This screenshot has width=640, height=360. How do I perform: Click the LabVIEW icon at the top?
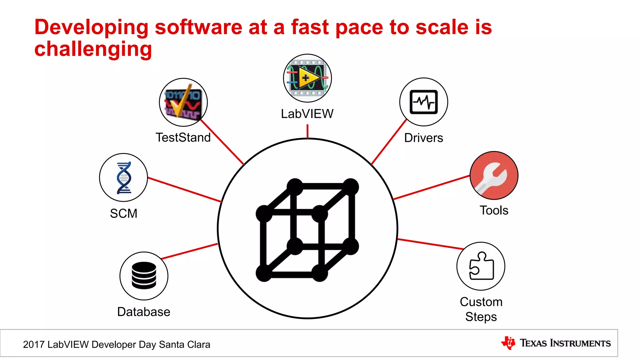tap(307, 78)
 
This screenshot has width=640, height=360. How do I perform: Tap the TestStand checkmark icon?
tap(183, 102)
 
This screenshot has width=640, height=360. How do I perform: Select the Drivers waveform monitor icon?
tap(423, 102)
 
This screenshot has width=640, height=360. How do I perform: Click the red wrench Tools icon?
tap(494, 176)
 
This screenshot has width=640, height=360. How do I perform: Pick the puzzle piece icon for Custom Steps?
tap(481, 266)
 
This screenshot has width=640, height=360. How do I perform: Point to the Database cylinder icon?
tap(144, 276)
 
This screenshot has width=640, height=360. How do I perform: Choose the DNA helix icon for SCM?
tap(124, 177)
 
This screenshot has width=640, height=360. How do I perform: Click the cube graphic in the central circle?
tap(307, 230)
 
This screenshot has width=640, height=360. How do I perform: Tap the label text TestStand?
tap(183, 137)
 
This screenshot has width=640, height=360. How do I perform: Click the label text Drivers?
tap(423, 138)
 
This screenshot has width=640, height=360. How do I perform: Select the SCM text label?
tap(124, 213)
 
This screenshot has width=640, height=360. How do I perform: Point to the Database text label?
tap(144, 312)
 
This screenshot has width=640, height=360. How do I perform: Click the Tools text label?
tap(494, 210)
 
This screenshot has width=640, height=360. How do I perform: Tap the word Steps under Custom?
tap(481, 317)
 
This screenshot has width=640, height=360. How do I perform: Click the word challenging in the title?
tap(93, 49)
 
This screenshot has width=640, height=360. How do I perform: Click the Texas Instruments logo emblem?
tap(508, 343)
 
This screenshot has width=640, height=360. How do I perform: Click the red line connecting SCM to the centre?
tap(184, 190)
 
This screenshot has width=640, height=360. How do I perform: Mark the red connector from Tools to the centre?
tap(431, 187)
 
